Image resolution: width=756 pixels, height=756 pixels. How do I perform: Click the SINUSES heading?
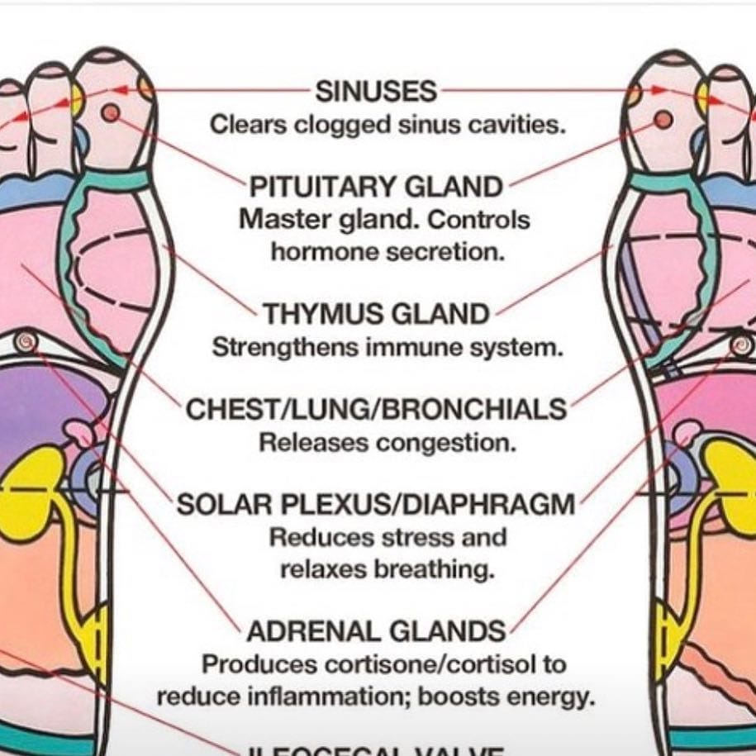(376, 91)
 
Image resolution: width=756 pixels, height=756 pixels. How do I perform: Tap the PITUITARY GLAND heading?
(377, 187)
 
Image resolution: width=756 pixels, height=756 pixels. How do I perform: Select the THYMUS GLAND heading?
(377, 314)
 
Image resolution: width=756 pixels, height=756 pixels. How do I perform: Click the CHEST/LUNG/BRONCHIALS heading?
(377, 410)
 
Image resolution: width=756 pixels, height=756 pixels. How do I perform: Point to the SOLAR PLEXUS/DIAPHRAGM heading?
(377, 504)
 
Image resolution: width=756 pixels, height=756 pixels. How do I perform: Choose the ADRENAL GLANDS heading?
(377, 632)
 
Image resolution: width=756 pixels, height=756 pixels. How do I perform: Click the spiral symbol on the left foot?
(26, 339)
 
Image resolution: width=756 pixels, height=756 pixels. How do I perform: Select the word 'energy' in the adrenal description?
(556, 697)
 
